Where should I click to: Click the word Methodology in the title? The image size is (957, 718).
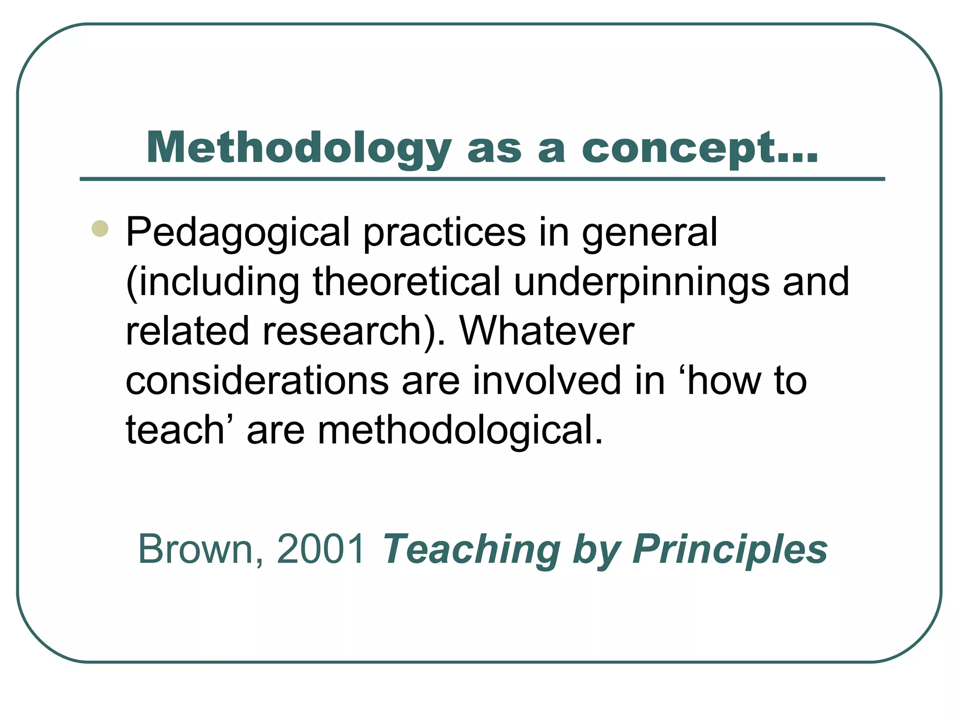pos(299,149)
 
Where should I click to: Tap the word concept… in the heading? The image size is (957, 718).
pos(700,149)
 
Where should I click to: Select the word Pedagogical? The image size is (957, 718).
pos(238,232)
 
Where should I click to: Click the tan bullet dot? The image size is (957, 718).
pos(100,229)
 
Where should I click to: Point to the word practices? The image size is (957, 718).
pos(444,232)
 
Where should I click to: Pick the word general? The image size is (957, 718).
pos(649,232)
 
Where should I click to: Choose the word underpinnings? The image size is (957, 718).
pos(642,283)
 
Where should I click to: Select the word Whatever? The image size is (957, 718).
pos(547,331)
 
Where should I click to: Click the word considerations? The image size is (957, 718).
pos(257,381)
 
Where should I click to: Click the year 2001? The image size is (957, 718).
pos(321,549)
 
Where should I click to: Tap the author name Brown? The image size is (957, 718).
pos(197,549)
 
